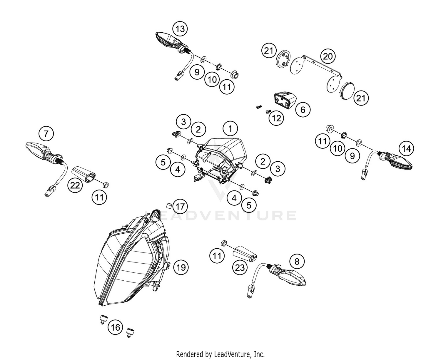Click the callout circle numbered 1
click(230, 128)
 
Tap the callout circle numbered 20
click(328, 56)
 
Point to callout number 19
click(181, 267)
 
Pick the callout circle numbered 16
click(116, 327)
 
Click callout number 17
click(180, 206)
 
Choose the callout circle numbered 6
click(303, 110)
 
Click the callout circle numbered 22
click(75, 185)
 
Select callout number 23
click(240, 267)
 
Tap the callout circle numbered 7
click(46, 134)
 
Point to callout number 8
click(297, 261)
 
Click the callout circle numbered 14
click(406, 149)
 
